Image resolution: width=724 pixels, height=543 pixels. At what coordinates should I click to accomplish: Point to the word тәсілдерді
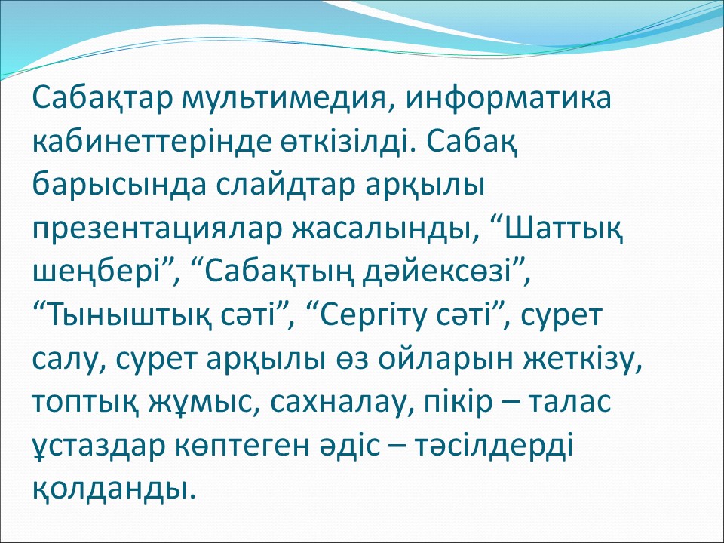tap(493, 446)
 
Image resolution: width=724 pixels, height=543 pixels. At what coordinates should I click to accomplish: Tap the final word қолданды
tap(110, 487)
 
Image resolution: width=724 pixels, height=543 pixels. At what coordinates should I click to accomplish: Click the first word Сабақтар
tap(102, 98)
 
